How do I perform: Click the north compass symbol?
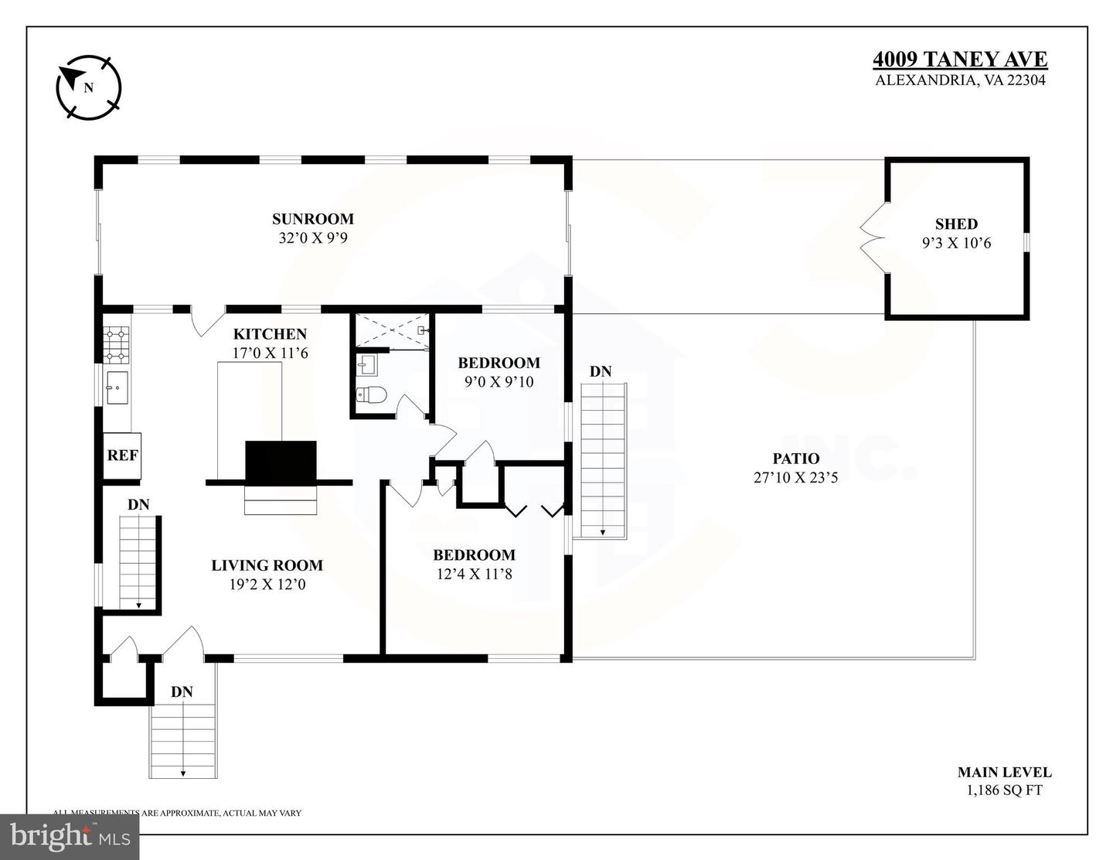[x=89, y=87]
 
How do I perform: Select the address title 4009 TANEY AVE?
[x=960, y=60]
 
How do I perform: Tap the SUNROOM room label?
[x=312, y=219]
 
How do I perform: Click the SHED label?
[x=956, y=224]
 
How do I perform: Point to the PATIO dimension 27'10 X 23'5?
[x=795, y=478]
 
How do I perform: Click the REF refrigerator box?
[x=122, y=455]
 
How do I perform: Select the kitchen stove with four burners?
[x=117, y=345]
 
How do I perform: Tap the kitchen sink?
[x=117, y=387]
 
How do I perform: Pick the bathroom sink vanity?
[x=366, y=363]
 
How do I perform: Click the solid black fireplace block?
[x=281, y=462]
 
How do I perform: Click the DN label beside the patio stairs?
[x=601, y=372]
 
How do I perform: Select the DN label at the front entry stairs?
[x=182, y=691]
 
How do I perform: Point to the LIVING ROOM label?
[x=267, y=565]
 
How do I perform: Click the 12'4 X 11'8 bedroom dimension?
[x=473, y=574]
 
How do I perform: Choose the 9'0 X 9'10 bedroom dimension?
[x=499, y=381]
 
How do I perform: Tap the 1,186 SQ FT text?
[x=1004, y=790]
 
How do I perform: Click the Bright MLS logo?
[x=70, y=836]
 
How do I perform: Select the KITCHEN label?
[x=270, y=334]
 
